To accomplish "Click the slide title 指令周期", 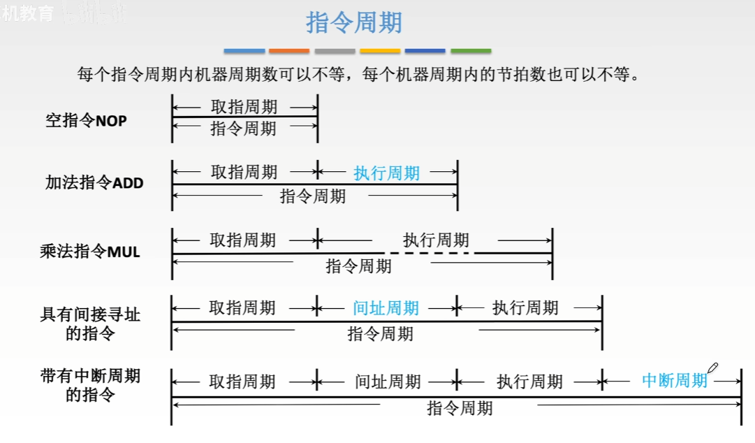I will tap(354, 23).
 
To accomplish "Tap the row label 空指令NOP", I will tap(87, 120).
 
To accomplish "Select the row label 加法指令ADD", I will tap(94, 183).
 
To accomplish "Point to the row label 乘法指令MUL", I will tap(90, 252).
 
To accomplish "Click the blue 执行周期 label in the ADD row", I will tap(387, 173).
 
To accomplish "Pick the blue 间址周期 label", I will tap(386, 308).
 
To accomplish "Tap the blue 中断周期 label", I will tap(675, 381).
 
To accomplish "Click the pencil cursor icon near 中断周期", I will tap(712, 368).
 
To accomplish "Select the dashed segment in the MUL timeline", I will tap(430, 252).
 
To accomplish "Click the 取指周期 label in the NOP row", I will tap(244, 107).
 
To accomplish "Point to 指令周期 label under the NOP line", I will tap(243, 129).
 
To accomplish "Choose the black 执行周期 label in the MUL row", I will tap(436, 240).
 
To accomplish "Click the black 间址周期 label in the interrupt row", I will tap(388, 382).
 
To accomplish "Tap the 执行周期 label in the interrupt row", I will tap(529, 382).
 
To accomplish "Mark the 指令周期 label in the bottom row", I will tap(460, 408).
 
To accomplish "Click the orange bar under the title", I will tap(289, 51).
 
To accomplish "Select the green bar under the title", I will tap(471, 51).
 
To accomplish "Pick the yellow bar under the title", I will tap(380, 51).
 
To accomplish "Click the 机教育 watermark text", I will tap(28, 13).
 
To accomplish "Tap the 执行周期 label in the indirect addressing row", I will tap(525, 308).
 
